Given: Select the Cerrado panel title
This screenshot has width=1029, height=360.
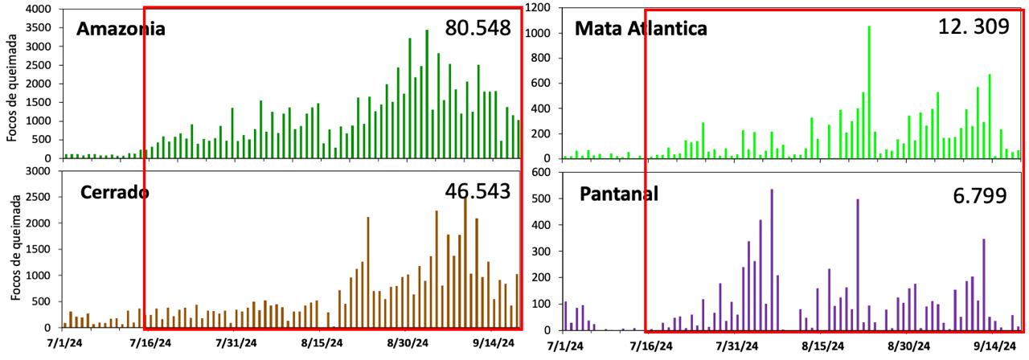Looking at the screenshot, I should pyautogui.click(x=114, y=193).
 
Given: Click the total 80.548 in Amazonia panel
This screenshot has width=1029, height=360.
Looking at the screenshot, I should pyautogui.click(x=479, y=28).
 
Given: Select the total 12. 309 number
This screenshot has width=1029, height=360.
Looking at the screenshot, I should pyautogui.click(x=973, y=27).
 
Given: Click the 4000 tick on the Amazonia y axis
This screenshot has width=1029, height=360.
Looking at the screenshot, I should pyautogui.click(x=38, y=10).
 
